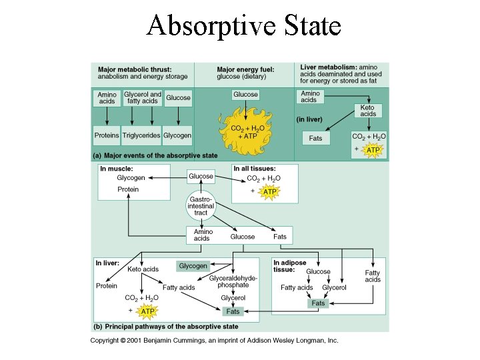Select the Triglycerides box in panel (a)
tap(141, 135)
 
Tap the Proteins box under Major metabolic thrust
tap(107, 135)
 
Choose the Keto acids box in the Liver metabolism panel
tap(367, 111)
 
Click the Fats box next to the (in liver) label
tap(315, 139)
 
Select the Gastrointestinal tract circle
tap(201, 206)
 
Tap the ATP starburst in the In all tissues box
tap(269, 192)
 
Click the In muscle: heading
tap(117, 169)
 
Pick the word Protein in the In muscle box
tap(128, 189)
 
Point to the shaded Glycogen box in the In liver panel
tap(193, 266)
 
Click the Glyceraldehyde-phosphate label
tap(233, 281)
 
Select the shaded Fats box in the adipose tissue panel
tap(318, 303)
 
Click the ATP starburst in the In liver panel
tap(148, 311)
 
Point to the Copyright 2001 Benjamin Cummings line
tap(215, 341)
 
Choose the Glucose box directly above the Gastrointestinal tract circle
tap(201, 177)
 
